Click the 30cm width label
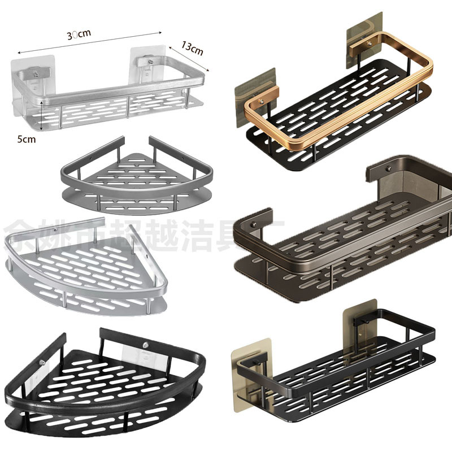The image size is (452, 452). (79, 34)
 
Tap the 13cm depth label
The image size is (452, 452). (192, 50)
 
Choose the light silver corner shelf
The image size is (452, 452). (85, 266)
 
